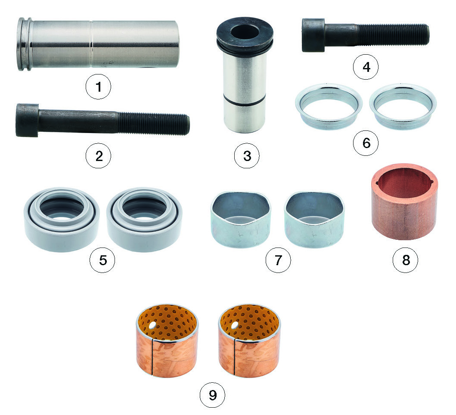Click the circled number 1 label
click(x=98, y=87)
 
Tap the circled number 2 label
click(x=98, y=156)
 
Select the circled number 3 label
click(x=247, y=156)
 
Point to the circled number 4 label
click(x=366, y=67)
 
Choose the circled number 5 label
click(x=102, y=260)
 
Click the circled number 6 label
click(x=366, y=143)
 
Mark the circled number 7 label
click(x=278, y=260)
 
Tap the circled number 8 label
click(x=405, y=260)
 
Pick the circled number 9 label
click(x=213, y=395)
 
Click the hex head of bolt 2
click(x=27, y=120)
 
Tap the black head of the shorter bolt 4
click(x=313, y=35)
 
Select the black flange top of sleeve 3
click(x=245, y=33)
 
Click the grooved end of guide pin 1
click(x=25, y=44)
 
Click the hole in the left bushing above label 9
click(x=152, y=325)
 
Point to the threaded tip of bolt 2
click(x=187, y=125)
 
